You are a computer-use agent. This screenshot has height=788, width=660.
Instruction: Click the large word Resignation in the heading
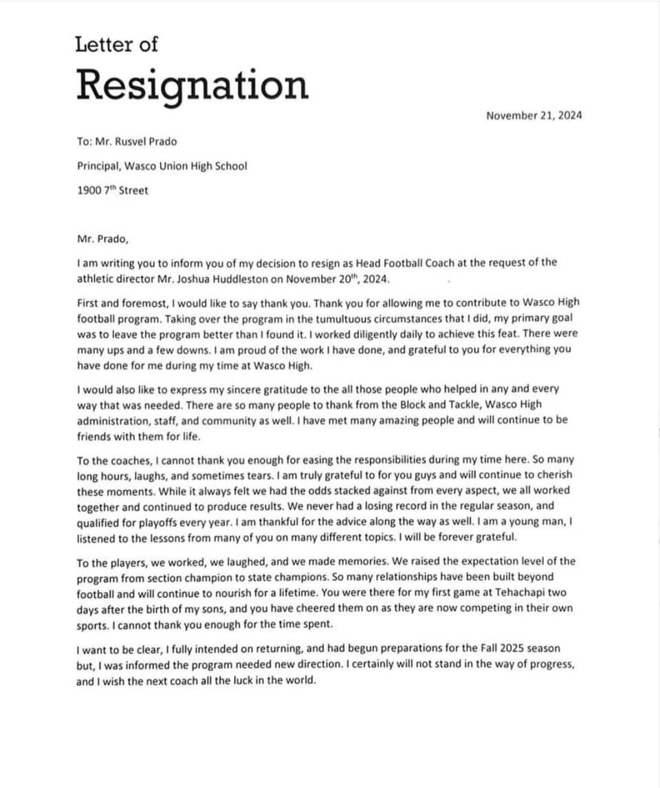pyautogui.click(x=192, y=86)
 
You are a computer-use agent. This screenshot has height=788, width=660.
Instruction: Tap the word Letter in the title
pyautogui.click(x=103, y=45)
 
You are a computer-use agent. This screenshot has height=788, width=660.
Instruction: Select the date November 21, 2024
pyautogui.click(x=533, y=116)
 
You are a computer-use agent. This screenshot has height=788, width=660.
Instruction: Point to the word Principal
pyautogui.click(x=96, y=166)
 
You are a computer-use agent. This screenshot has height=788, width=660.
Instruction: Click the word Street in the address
pyautogui.click(x=133, y=190)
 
